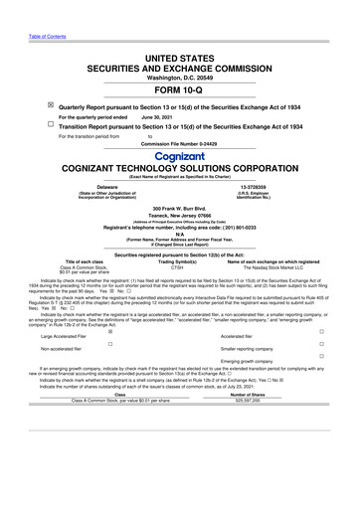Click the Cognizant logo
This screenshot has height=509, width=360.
tap(180, 158)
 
